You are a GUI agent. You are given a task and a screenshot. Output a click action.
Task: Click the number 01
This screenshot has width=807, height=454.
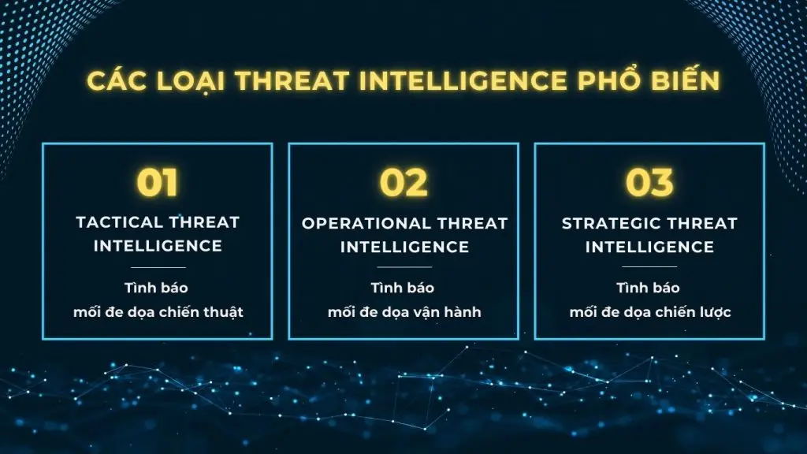pos(158,183)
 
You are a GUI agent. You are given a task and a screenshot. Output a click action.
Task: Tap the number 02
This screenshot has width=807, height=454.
pos(403,183)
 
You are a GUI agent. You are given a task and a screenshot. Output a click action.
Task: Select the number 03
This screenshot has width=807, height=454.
pos(649,183)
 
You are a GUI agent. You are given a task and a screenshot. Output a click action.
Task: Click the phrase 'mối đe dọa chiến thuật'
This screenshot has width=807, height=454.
pos(158,312)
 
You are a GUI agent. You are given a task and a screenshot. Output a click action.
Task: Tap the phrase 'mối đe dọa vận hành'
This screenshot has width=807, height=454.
pos(403,312)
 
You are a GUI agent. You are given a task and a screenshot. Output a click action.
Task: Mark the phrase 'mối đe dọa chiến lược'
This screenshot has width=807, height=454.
pos(649,312)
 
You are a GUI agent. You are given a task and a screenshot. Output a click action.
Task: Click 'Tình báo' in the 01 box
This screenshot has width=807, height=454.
pos(158,288)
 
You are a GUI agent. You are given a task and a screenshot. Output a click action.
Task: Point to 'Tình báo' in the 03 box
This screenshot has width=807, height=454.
pos(649,288)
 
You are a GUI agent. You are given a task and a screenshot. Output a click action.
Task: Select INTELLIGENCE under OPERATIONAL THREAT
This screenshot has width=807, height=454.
pos(403,247)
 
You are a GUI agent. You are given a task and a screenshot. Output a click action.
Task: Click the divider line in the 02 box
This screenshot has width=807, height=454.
pos(403,267)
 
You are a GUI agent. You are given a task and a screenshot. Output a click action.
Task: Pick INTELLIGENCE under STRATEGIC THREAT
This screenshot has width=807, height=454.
pos(649,247)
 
